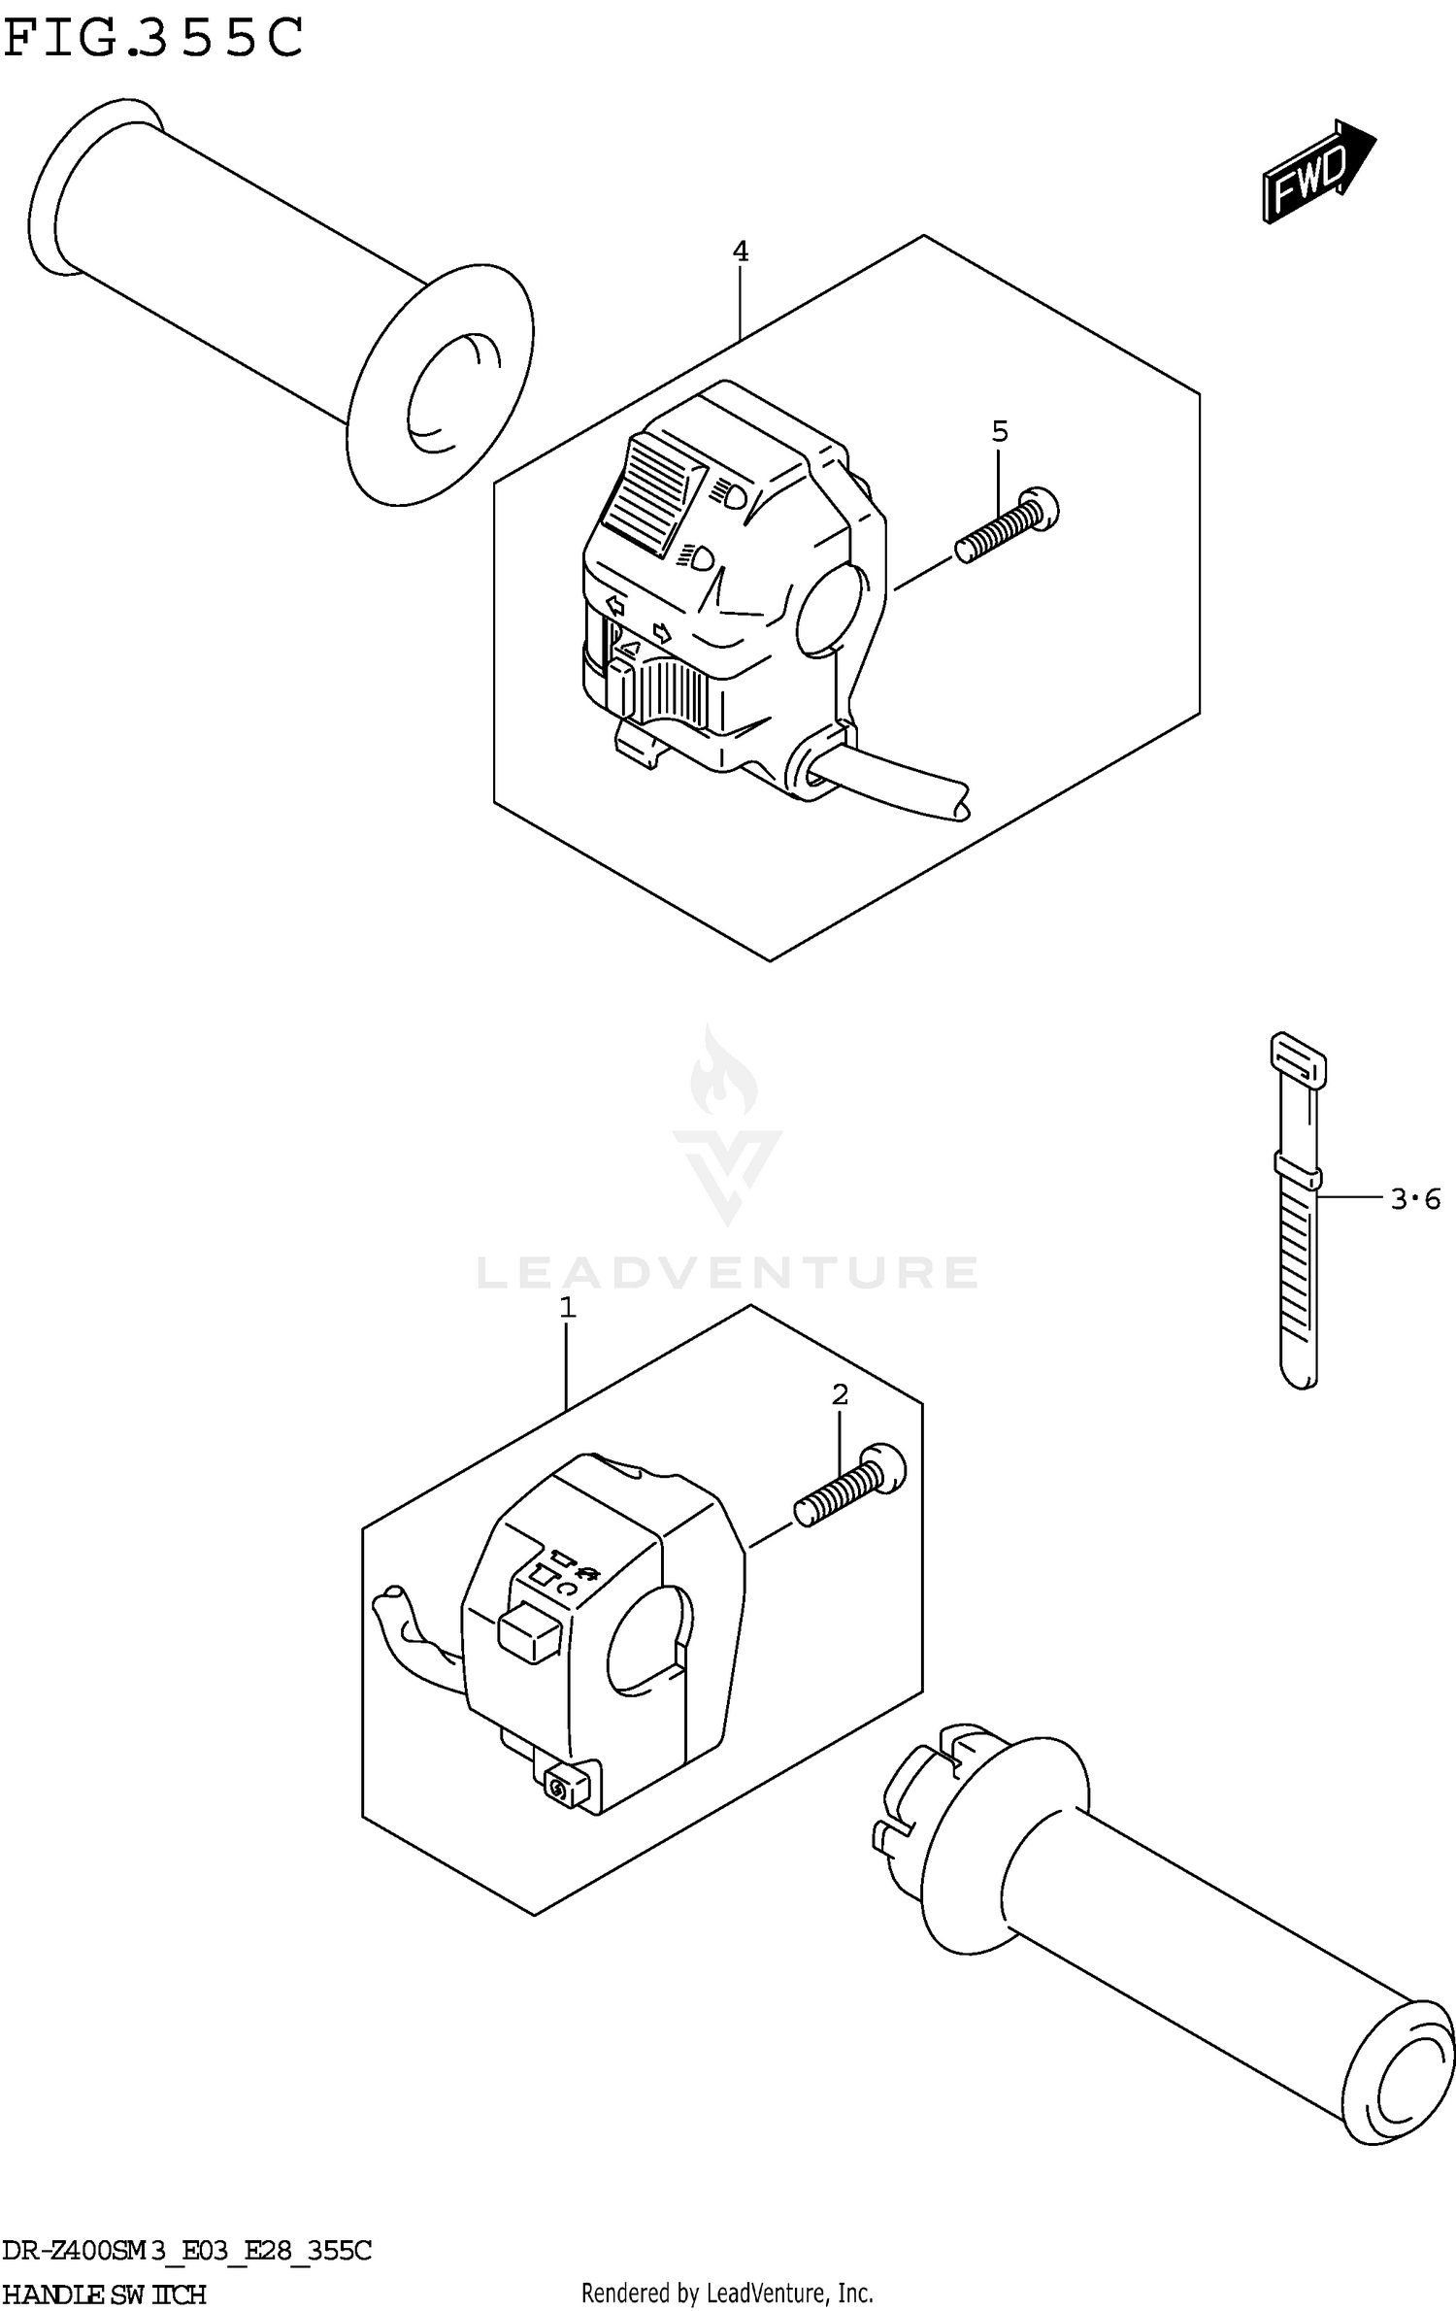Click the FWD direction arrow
pos(1318,173)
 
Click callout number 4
pos(740,252)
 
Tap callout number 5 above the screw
pos(1000,431)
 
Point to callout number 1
pos(568,1308)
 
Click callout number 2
pos(840,1395)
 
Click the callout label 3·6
pos(1415,1200)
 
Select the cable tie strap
pos(1298,1214)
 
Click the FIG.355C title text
pos(153,39)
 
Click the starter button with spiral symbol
pos(560,1788)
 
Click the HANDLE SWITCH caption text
pos(104,2294)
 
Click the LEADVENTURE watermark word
pos(727,1272)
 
